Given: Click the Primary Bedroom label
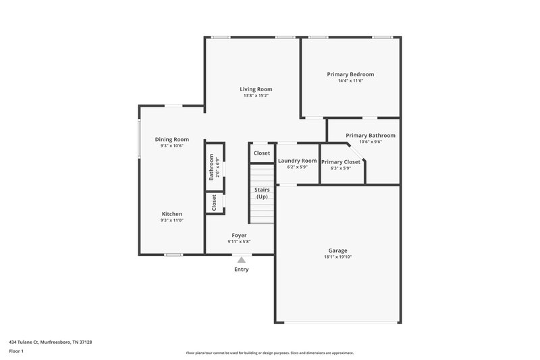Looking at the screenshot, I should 350,74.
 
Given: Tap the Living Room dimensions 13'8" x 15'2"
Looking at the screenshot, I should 256,95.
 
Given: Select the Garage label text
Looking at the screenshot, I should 337,250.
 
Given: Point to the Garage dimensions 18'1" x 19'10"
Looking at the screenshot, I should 337,257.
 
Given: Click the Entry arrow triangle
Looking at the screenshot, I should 242,259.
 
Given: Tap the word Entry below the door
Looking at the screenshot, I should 242,269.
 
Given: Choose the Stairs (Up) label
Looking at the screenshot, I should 262,193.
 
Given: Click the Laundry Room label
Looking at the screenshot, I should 297,161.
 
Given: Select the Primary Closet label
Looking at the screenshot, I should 341,162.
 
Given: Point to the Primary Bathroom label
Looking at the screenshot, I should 371,136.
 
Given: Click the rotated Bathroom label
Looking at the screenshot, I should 211,167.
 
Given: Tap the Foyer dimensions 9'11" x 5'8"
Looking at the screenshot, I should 239,242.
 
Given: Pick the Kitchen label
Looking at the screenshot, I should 171,214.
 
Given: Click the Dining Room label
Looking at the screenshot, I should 171,139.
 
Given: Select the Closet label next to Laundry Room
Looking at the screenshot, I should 262,153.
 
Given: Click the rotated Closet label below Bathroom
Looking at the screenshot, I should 214,203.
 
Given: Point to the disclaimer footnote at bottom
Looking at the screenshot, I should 269,353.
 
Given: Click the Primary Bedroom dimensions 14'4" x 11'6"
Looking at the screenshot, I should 350,80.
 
